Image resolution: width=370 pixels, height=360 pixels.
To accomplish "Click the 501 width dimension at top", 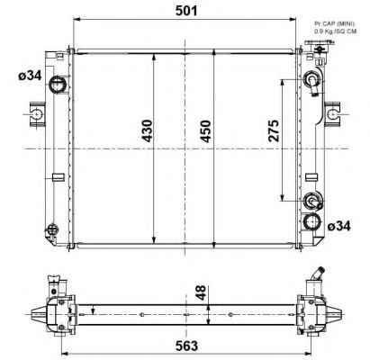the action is (x=186, y=11).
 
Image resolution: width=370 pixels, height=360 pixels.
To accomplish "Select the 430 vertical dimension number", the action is (x=148, y=130).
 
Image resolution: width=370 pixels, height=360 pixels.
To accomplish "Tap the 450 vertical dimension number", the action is (x=206, y=131).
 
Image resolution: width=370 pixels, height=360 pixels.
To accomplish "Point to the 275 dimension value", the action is (x=274, y=130).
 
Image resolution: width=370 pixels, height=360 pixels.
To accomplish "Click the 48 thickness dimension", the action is (x=201, y=292).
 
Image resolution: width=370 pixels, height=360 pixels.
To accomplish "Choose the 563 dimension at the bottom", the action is (x=186, y=346).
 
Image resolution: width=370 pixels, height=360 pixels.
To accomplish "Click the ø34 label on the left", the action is (x=30, y=76).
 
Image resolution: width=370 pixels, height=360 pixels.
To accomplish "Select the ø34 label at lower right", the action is (x=338, y=226).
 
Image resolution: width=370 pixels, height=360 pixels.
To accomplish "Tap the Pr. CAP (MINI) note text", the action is (x=334, y=23).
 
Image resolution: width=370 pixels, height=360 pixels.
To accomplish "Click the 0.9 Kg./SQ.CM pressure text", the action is (x=335, y=31).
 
